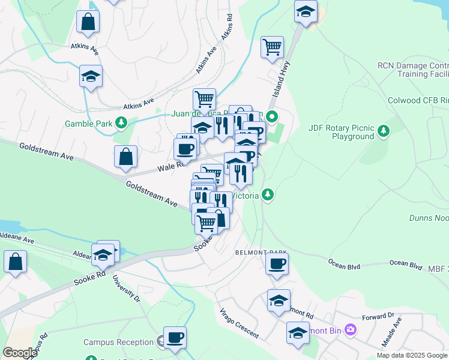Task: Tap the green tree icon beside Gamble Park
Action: click(122, 123)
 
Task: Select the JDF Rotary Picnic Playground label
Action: click(341, 132)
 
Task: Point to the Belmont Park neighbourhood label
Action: click(261, 253)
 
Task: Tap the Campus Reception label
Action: click(118, 342)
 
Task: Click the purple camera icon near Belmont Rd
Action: click(351, 329)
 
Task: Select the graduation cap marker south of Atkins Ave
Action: click(91, 76)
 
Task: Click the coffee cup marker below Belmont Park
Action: click(277, 263)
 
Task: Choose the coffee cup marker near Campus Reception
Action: click(175, 337)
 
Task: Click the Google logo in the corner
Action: click(20, 353)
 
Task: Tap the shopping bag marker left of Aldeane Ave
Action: click(15, 262)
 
